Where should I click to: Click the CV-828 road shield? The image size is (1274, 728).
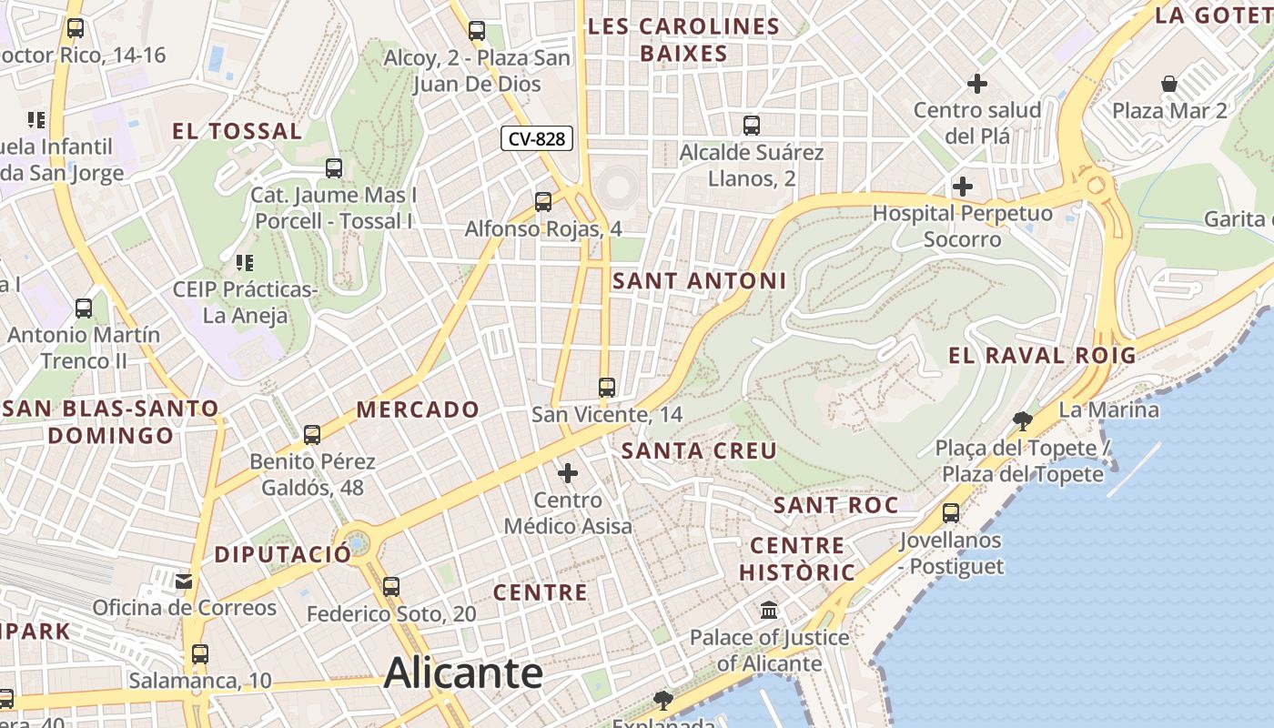click(537, 139)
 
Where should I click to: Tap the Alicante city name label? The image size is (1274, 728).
click(463, 674)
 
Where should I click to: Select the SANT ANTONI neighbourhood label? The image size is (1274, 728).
click(699, 281)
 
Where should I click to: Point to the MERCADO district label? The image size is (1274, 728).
click(418, 409)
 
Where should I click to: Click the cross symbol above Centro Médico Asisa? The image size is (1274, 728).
click(568, 473)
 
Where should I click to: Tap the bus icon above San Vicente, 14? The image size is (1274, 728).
click(607, 388)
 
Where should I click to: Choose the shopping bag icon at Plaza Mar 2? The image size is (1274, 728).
click(1169, 84)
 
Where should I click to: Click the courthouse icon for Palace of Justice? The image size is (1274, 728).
click(769, 610)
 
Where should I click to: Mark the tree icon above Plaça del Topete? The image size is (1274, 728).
click(1023, 420)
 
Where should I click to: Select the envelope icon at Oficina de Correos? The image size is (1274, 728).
click(184, 581)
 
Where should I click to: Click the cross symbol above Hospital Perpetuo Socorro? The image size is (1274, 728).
click(962, 187)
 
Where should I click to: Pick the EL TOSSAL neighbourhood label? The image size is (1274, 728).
click(238, 131)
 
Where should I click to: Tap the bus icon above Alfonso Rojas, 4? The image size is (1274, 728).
click(543, 202)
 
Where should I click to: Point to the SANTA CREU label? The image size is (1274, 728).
click(699, 450)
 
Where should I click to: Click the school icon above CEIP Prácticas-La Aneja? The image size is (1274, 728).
click(244, 263)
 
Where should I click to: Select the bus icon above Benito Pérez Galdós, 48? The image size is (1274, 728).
click(312, 435)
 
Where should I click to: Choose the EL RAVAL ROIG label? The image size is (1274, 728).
click(1043, 356)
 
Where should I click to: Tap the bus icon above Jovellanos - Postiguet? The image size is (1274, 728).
click(951, 513)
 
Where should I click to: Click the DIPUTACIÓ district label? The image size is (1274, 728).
click(282, 554)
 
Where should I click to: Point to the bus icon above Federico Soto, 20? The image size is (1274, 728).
click(391, 587)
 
